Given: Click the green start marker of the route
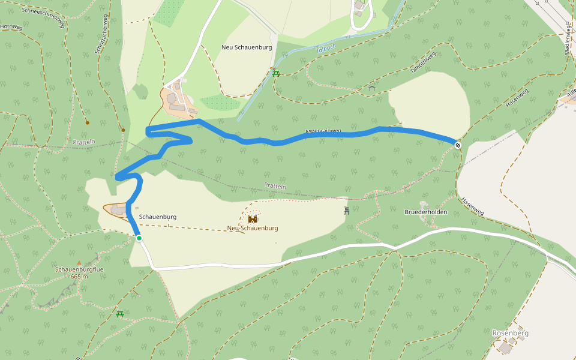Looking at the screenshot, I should (x=139, y=238).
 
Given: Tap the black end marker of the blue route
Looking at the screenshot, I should (x=458, y=145).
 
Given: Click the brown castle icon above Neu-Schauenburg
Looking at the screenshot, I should (x=253, y=219).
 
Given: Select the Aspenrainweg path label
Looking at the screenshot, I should (x=323, y=131).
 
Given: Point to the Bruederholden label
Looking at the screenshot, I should (x=426, y=212).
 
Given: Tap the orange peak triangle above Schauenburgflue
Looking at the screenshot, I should (x=79, y=262).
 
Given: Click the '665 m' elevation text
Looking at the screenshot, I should (x=79, y=277).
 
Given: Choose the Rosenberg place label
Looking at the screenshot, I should (x=510, y=333).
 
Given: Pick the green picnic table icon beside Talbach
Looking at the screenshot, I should (x=276, y=73).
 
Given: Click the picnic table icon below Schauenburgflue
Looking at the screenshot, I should (x=120, y=314).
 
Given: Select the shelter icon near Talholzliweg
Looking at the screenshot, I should (x=372, y=89).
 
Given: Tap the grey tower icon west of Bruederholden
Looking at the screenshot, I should (x=347, y=210).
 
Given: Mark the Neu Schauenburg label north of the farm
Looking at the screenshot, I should (x=247, y=47).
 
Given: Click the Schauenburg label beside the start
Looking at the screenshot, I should (x=157, y=216).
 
